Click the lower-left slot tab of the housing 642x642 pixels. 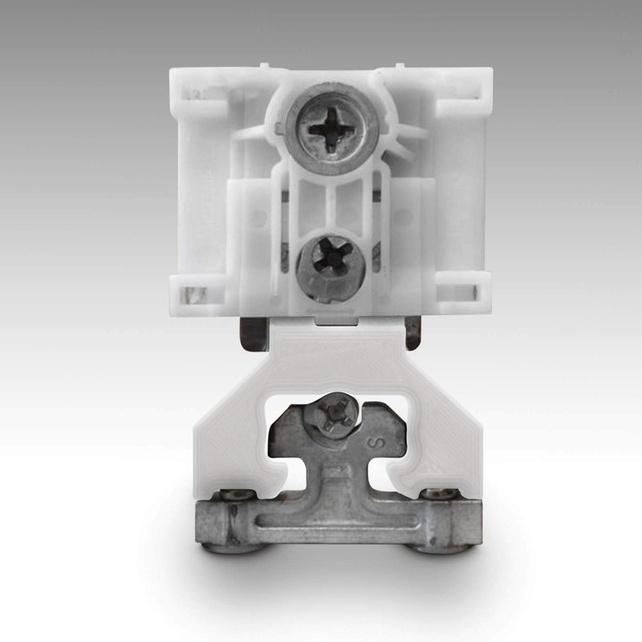[193, 293]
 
